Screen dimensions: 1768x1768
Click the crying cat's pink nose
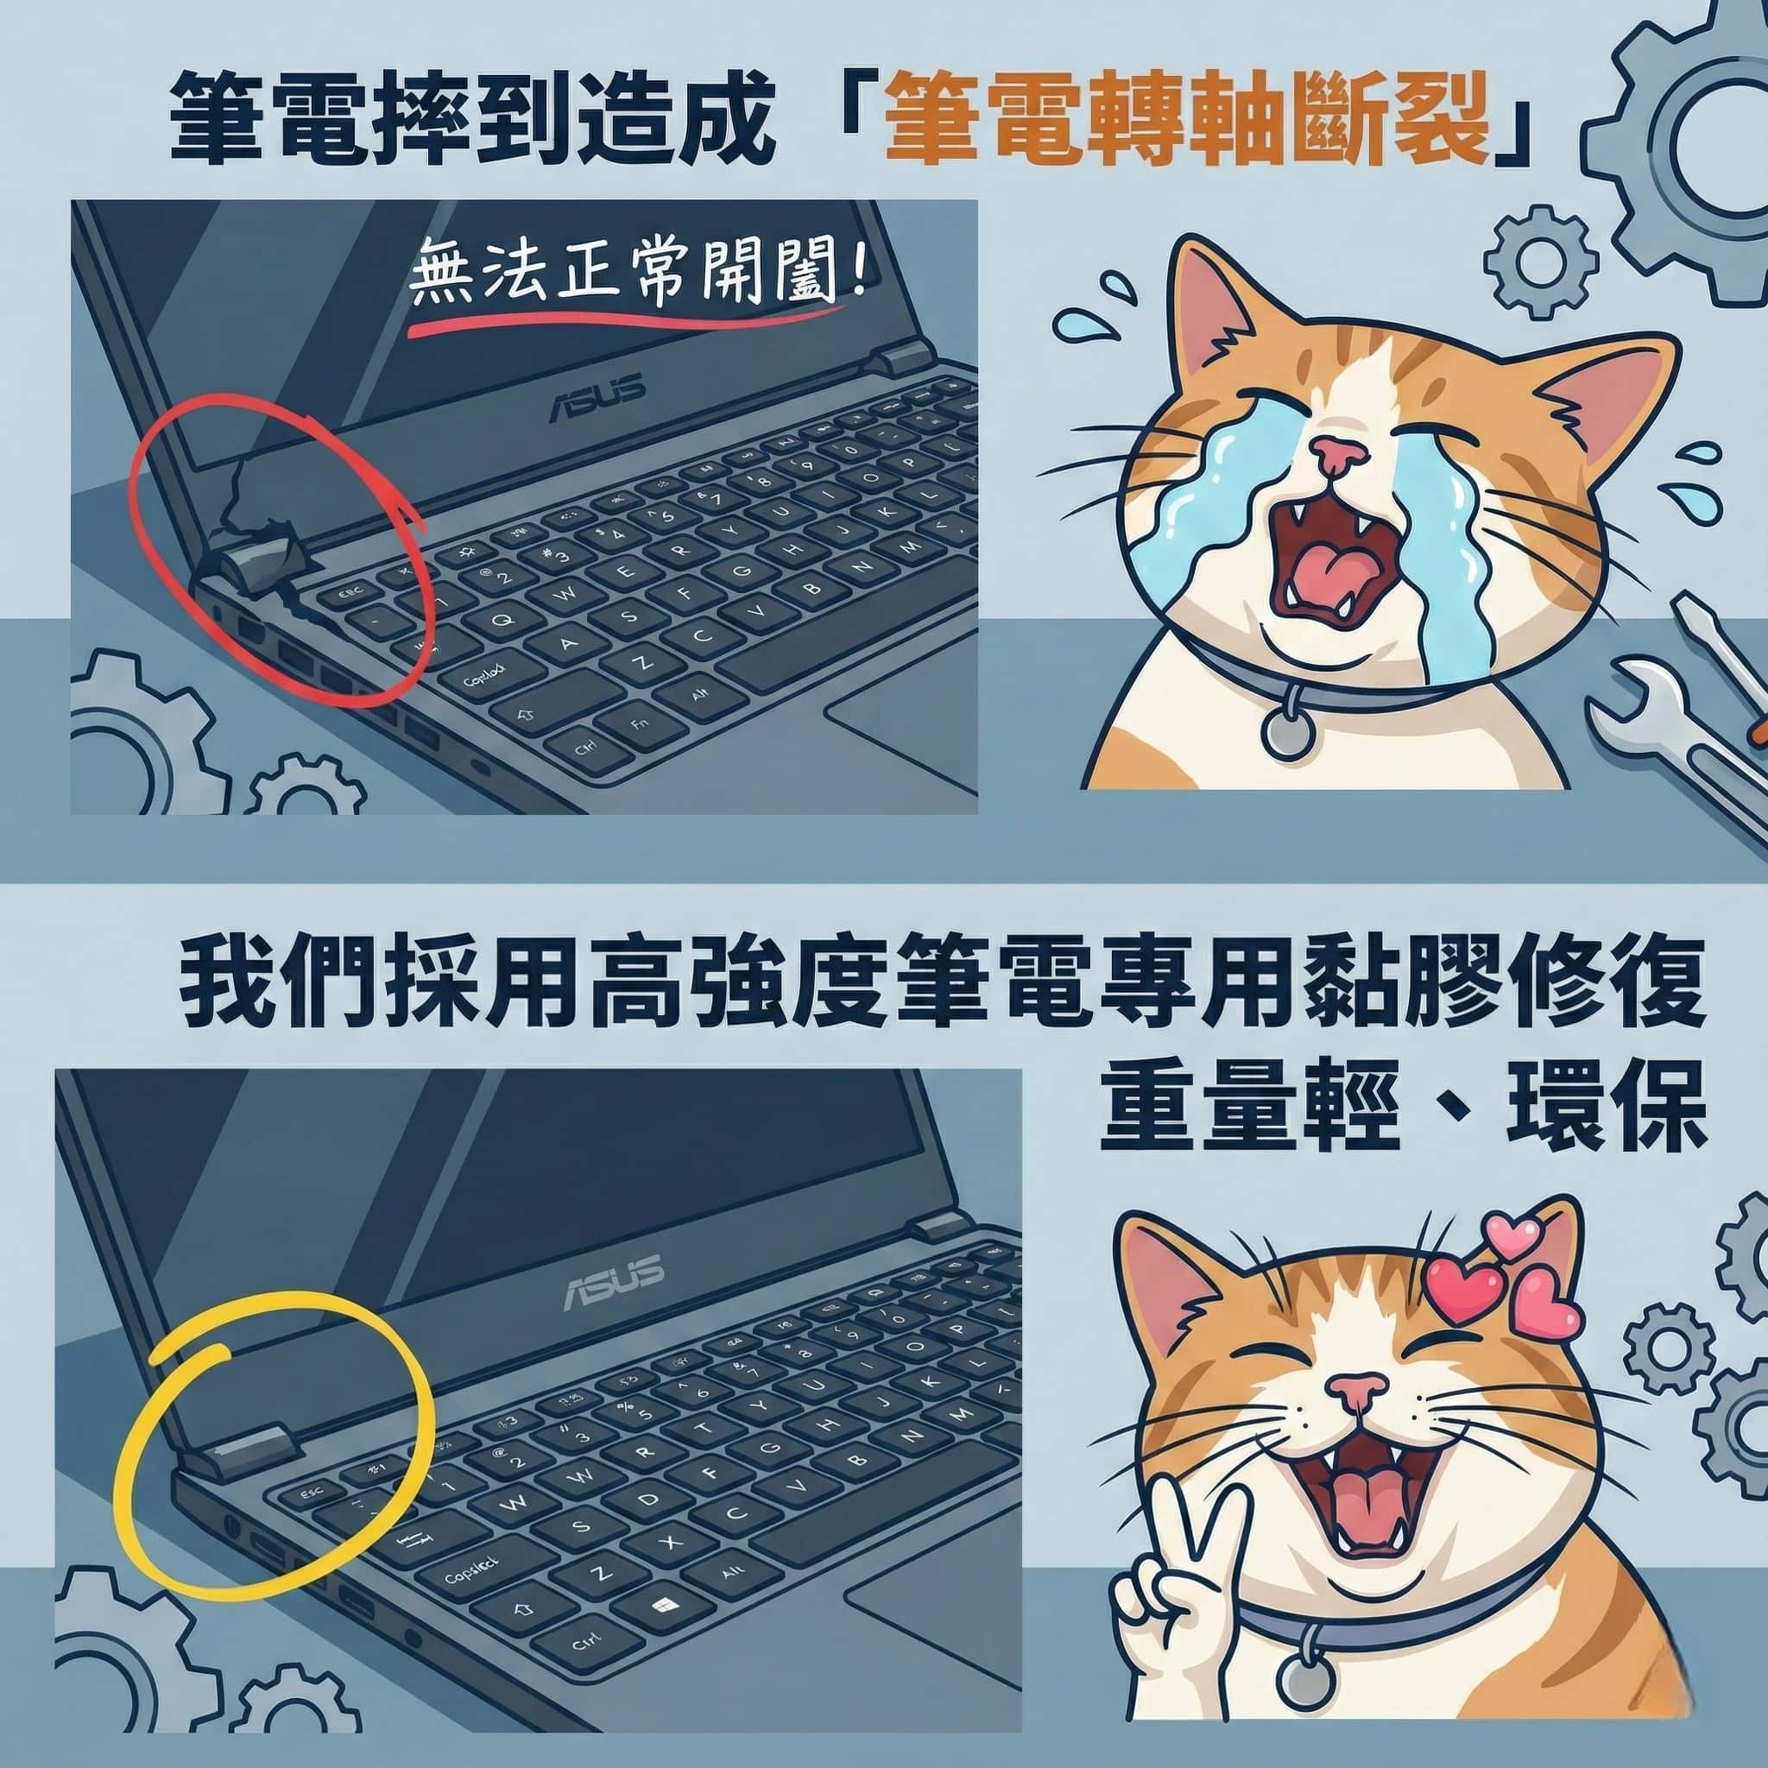(x=1339, y=452)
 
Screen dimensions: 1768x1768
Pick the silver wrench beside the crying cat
(x=1665, y=732)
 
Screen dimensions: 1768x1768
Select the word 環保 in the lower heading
(x=1606, y=1118)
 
